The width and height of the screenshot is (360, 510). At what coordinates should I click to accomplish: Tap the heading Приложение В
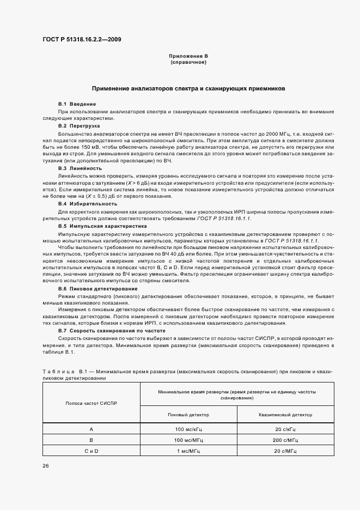pyautogui.click(x=188, y=56)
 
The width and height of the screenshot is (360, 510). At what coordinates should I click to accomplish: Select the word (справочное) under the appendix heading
pyautogui.click(x=188, y=62)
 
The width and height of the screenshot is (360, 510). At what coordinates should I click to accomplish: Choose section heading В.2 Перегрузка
pyautogui.click(x=76, y=126)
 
